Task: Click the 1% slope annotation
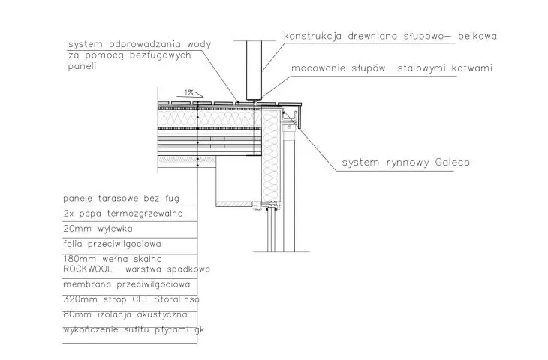(188, 92)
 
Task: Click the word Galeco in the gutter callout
(452, 162)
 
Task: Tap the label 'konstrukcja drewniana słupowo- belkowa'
(390, 36)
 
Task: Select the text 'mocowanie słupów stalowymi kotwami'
(392, 67)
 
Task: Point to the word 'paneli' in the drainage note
(82, 66)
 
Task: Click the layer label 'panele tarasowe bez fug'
(122, 199)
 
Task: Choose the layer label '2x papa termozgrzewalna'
(123, 214)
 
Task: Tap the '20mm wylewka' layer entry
(98, 229)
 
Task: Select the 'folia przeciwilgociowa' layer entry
(112, 244)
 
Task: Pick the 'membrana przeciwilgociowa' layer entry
(127, 284)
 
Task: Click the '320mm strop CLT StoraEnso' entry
(131, 299)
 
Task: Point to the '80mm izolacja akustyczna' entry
(125, 314)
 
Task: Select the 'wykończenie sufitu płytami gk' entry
(134, 329)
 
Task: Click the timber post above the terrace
(254, 70)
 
